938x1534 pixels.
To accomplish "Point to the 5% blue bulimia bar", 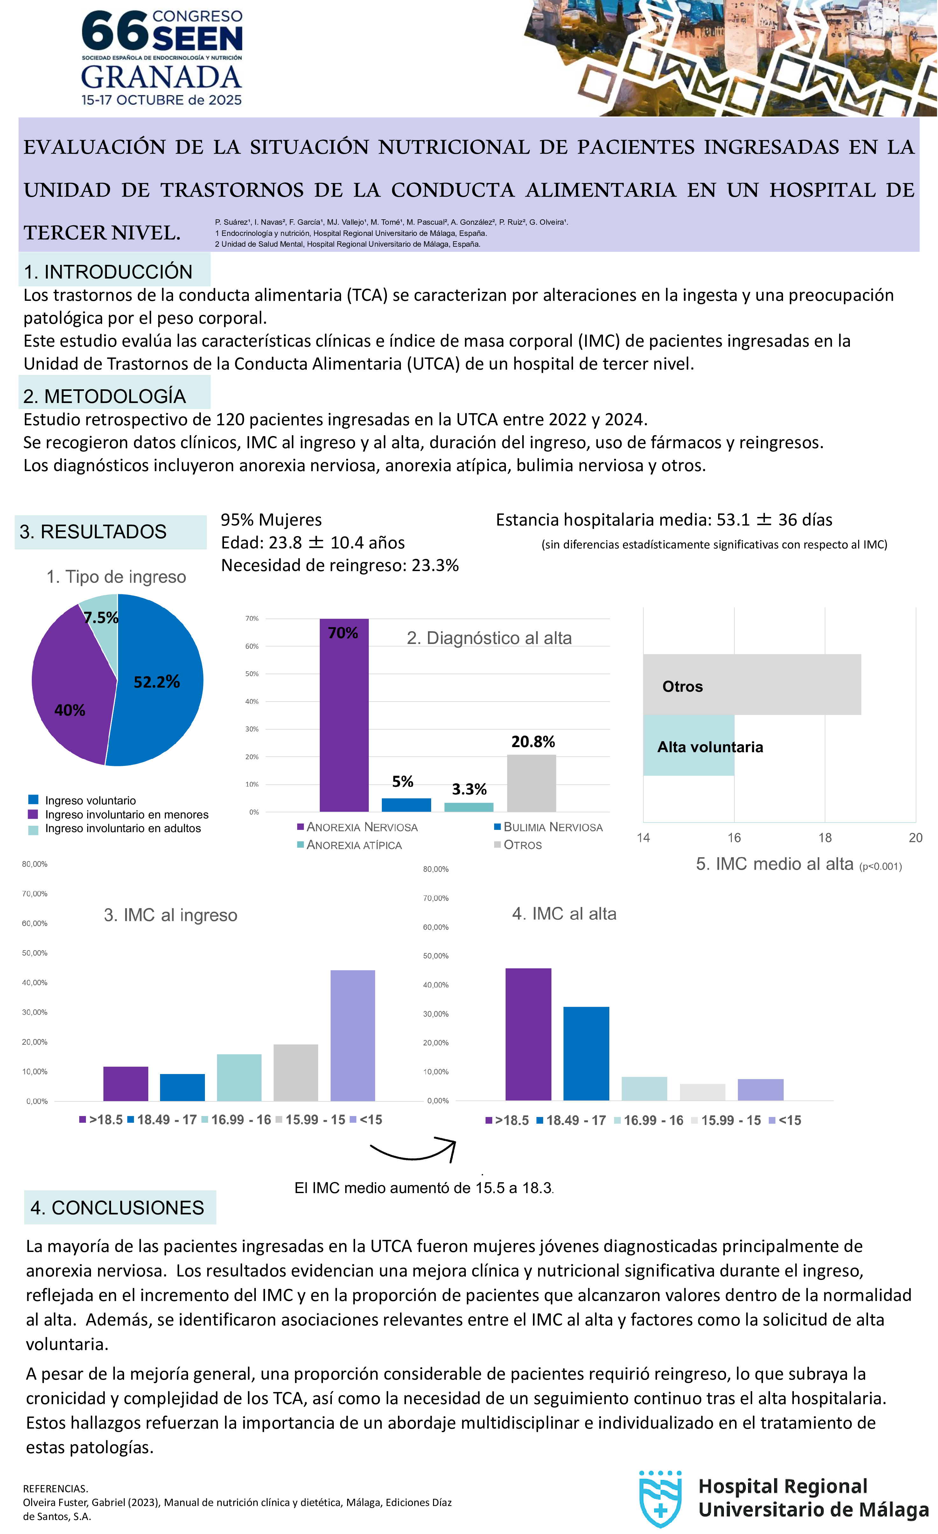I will [x=406, y=804].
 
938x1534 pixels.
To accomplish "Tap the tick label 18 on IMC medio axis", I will [x=825, y=838].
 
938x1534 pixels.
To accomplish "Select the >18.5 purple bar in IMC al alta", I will [x=528, y=1034].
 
